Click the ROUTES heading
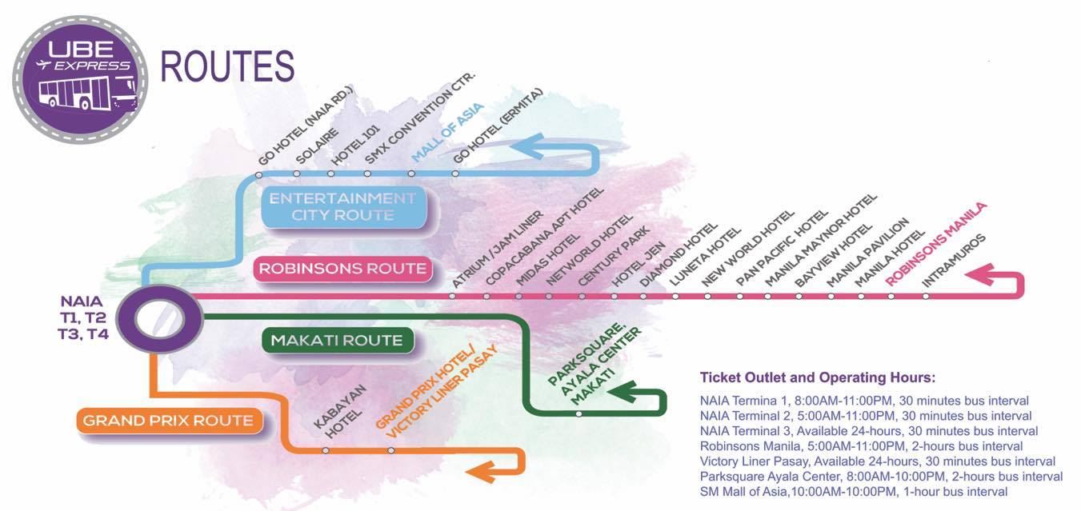tap(228, 67)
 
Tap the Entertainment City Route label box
tap(342, 206)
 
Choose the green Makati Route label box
tap(337, 341)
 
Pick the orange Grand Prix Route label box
tap(168, 421)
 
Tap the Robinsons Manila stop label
tap(936, 243)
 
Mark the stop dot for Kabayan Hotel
tap(325, 450)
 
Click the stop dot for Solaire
tap(297, 174)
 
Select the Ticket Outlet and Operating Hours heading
tap(817, 377)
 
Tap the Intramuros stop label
tap(954, 261)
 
